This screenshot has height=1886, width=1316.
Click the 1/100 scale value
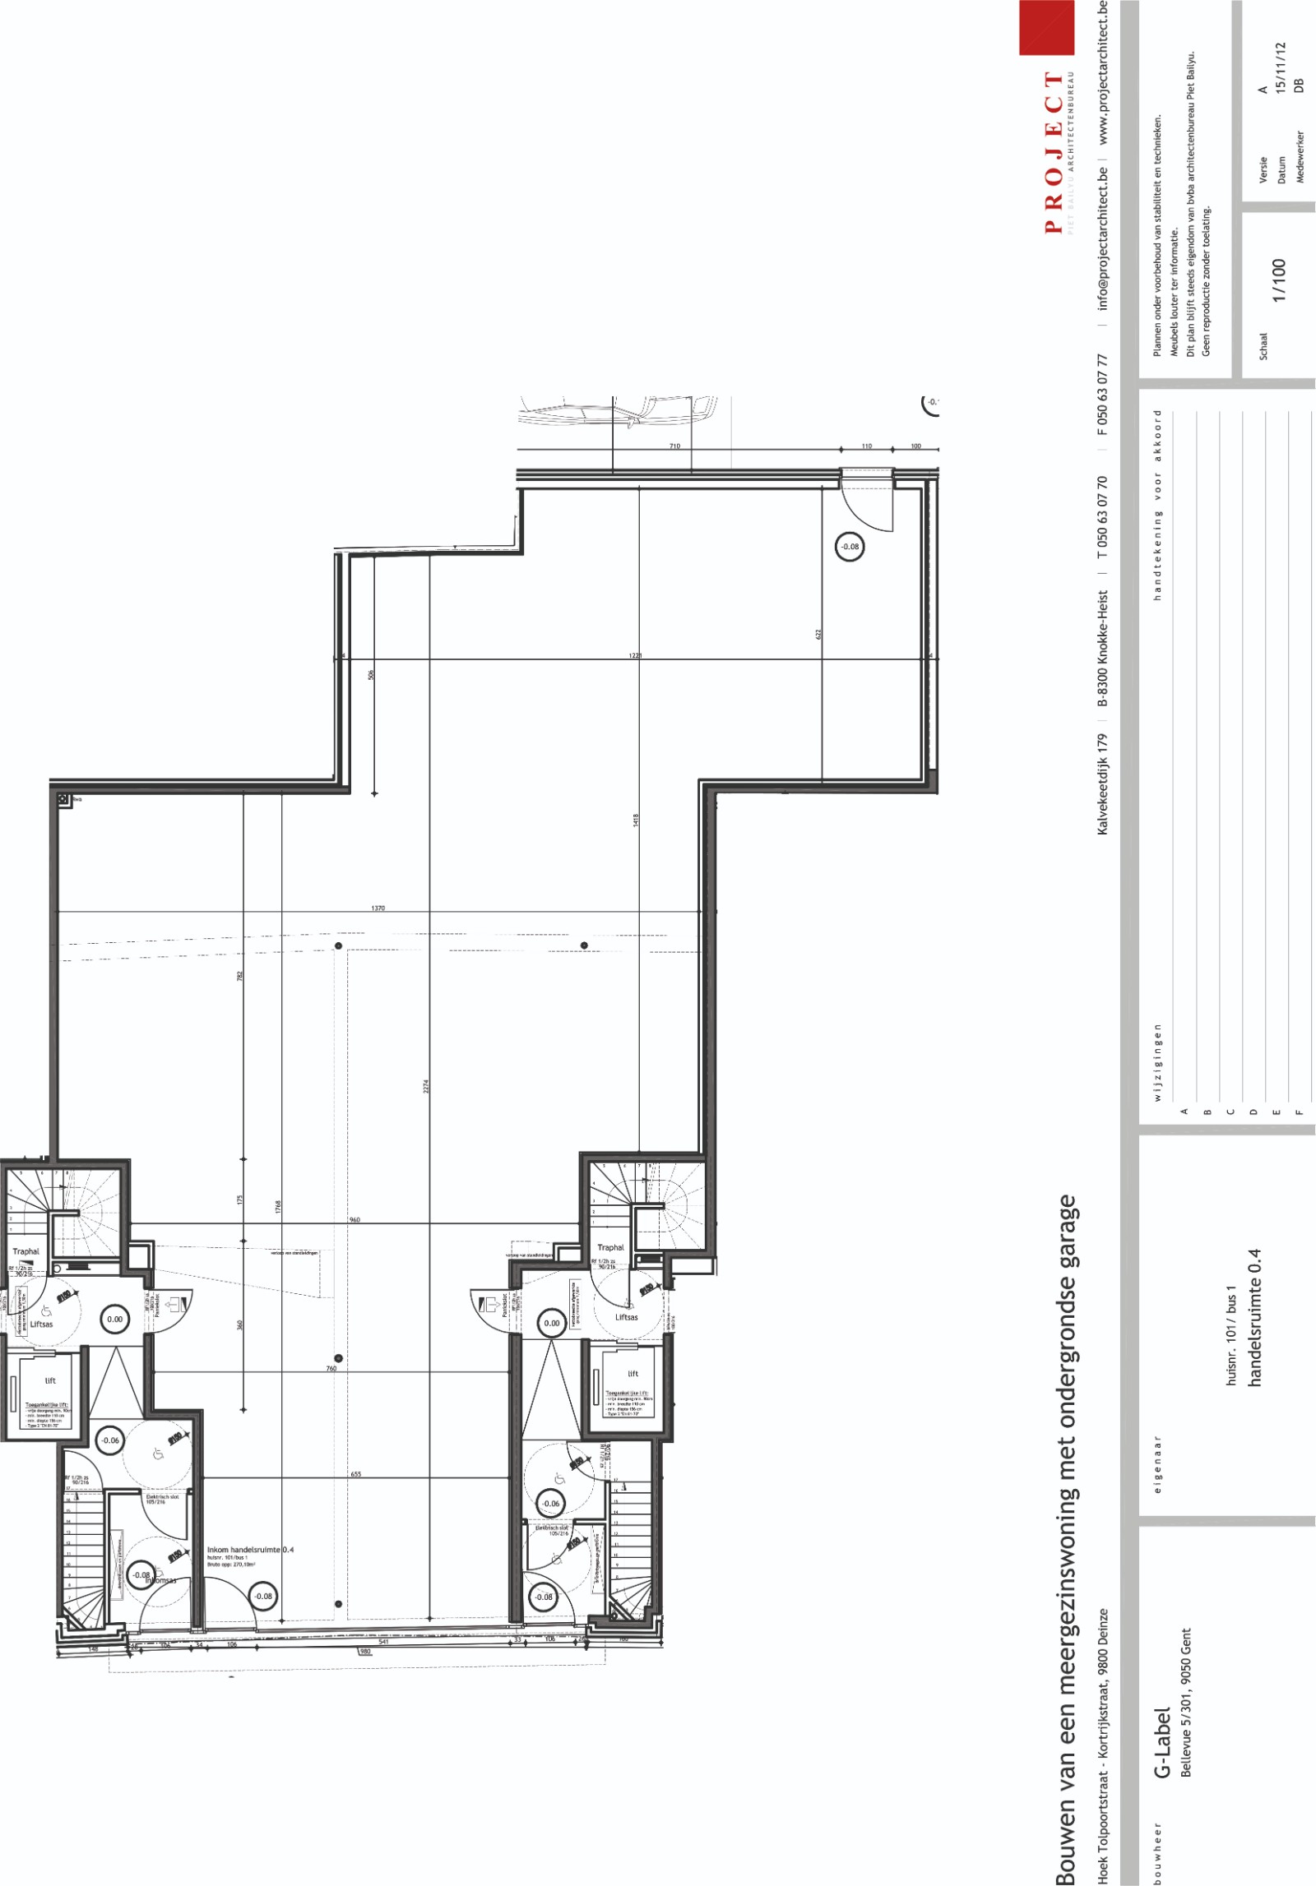coord(1278,280)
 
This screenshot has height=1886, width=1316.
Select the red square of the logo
coord(1046,27)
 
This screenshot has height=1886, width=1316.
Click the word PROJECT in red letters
coord(1054,152)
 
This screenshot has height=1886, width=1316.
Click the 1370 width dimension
coord(378,908)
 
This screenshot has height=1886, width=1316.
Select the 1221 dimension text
coord(635,655)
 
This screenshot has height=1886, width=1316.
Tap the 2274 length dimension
coord(425,1086)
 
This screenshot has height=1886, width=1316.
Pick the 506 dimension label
coord(371,674)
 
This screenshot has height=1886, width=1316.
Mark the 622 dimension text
coord(818,634)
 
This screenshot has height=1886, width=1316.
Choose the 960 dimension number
coord(354,1220)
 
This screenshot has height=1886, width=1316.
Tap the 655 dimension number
coord(356,1474)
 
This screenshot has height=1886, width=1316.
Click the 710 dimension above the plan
coord(674,446)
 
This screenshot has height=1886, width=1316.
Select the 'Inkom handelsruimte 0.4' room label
coord(250,1550)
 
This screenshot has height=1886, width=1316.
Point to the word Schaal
coord(1263,346)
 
